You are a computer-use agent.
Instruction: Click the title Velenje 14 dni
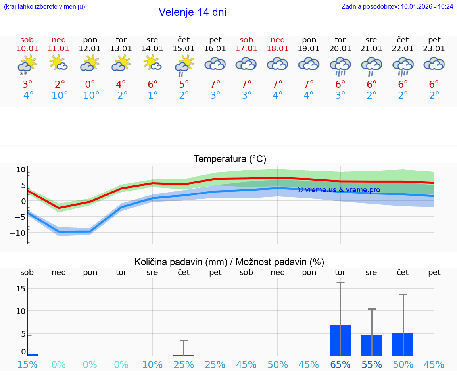point(192,12)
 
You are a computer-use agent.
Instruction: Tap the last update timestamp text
point(397,6)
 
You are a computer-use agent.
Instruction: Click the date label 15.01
point(184,49)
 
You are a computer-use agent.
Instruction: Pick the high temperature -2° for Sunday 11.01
point(58,84)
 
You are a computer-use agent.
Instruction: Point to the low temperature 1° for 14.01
point(152,96)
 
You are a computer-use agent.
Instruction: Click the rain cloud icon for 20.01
point(340,66)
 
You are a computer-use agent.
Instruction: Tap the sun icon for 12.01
point(90,64)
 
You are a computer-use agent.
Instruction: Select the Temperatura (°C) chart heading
point(230,159)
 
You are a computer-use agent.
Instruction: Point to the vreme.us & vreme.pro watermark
point(338,190)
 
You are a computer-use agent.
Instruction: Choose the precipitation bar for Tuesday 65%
point(340,340)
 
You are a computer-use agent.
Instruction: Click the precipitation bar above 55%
point(371,345)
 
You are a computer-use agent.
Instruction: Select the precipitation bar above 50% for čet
point(403,345)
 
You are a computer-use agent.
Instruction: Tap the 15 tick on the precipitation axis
point(21,288)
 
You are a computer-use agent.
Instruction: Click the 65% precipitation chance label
point(340,364)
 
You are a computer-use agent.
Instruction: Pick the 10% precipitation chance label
point(152,364)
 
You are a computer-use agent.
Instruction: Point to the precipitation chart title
point(229,262)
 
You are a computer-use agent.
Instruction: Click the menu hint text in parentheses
point(44,6)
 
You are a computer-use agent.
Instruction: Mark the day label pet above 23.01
point(434,40)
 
